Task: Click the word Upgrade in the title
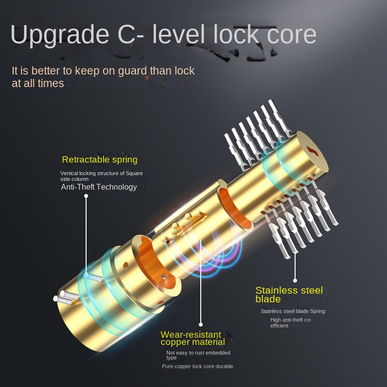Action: (60, 34)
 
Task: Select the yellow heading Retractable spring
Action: (100, 160)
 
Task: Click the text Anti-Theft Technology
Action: (99, 187)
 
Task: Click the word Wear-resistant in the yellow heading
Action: (191, 334)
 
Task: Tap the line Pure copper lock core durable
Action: (197, 366)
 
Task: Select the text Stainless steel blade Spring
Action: (293, 311)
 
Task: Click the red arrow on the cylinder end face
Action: (313, 151)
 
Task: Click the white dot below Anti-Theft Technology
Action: (86, 196)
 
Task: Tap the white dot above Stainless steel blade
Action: (295, 281)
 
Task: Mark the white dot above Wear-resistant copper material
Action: (201, 325)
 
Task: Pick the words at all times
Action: (38, 83)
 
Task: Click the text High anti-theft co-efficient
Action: (291, 323)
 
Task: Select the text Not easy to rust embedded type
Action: (198, 355)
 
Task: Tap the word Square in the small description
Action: (134, 173)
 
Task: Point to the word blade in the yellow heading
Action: (268, 299)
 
